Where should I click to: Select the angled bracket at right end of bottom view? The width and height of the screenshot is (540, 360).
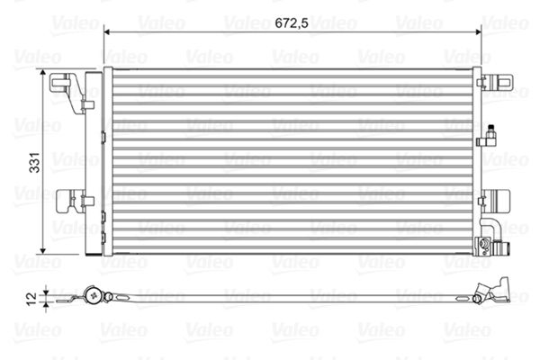pos(493,292)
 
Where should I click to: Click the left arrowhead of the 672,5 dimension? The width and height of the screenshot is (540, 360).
pos(109,32)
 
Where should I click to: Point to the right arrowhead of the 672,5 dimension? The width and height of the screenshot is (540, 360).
pos(479,32)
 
